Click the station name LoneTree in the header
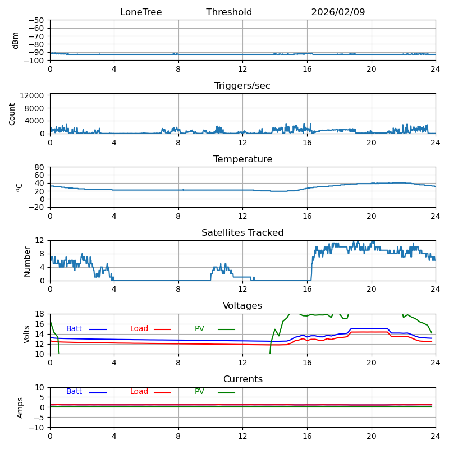click(141, 12)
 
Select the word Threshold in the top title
click(229, 12)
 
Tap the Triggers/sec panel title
click(242, 86)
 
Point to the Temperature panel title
click(242, 159)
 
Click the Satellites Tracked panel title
click(242, 233)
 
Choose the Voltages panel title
click(242, 306)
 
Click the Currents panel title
click(242, 379)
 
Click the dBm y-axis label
click(16, 40)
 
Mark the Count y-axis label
click(12, 113)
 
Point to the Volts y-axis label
click(27, 334)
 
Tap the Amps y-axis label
click(20, 407)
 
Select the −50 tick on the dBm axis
click(36, 20)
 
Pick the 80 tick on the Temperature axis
click(39, 167)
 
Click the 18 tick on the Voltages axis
click(40, 314)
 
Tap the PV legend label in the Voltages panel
click(200, 329)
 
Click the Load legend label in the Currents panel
click(139, 392)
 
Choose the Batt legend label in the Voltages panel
click(74, 329)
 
